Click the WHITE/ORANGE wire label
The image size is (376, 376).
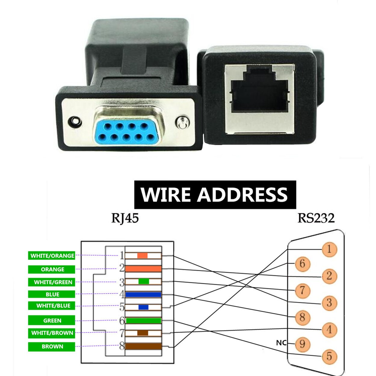(x=52, y=256)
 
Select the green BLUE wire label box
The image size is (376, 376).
(x=52, y=294)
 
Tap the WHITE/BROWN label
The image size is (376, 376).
(x=52, y=333)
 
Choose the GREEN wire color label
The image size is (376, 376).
(x=52, y=320)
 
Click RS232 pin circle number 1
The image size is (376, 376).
(x=329, y=249)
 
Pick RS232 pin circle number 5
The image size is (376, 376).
(x=329, y=356)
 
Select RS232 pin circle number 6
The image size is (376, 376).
(x=302, y=264)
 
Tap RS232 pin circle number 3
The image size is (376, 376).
(x=329, y=303)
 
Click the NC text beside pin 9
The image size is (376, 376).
(x=281, y=343)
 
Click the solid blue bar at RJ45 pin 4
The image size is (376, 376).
(x=143, y=294)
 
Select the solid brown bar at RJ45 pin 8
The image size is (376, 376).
(x=143, y=346)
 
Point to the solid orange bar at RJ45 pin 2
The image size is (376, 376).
(x=143, y=269)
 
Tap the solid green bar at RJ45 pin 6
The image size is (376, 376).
(x=143, y=321)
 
